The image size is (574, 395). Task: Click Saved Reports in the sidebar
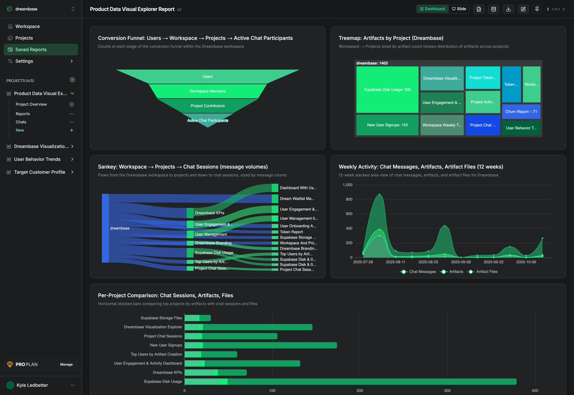point(31,49)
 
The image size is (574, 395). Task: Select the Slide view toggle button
point(459,9)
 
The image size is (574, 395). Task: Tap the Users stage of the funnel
point(208,77)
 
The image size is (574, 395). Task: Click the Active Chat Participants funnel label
point(208,121)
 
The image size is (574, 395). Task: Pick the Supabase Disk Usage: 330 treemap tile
point(387,90)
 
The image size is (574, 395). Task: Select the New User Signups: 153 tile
point(387,125)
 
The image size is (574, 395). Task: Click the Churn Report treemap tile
point(521,112)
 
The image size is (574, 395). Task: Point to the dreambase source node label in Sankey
point(120,228)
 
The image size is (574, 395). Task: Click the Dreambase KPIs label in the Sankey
point(210,213)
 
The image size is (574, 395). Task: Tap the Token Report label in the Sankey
point(291,232)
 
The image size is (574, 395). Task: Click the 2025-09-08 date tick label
point(461,262)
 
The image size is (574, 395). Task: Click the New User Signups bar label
point(166,345)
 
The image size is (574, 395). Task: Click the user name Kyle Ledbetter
point(32,385)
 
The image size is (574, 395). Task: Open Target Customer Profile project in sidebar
point(40,172)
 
